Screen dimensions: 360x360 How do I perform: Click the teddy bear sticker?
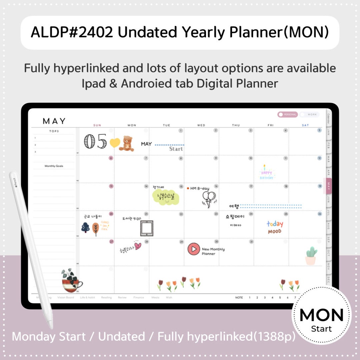click(127, 143)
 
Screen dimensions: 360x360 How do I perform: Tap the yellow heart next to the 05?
click(115, 143)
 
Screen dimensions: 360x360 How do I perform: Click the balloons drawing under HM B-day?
click(209, 199)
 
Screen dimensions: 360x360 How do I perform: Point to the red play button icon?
click(193, 249)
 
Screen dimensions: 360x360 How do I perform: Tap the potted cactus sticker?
click(311, 256)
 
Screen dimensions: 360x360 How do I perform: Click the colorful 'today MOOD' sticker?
click(275, 227)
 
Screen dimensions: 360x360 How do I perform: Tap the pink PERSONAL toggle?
click(287, 114)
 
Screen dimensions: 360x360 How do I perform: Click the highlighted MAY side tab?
click(329, 185)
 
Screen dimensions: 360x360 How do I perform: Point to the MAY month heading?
click(54, 121)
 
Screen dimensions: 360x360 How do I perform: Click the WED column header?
click(201, 125)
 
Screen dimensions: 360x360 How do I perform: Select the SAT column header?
click(305, 125)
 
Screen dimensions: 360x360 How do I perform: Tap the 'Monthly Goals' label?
click(54, 166)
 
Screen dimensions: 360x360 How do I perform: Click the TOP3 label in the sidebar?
click(54, 131)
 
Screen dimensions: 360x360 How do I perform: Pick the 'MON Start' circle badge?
click(321, 319)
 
